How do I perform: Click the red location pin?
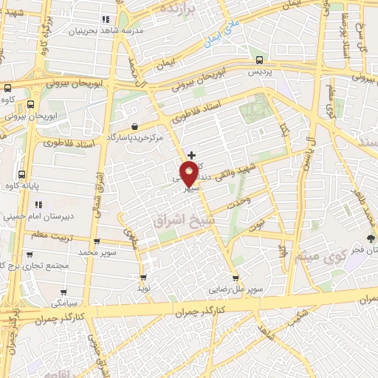point(189,173)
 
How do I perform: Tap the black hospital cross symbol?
point(192,155)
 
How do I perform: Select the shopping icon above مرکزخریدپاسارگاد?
point(133,126)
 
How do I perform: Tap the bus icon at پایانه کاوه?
point(22,176)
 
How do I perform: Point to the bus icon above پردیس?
point(258,61)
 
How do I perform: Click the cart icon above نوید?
point(143,278)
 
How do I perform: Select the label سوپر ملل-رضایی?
point(236,289)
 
